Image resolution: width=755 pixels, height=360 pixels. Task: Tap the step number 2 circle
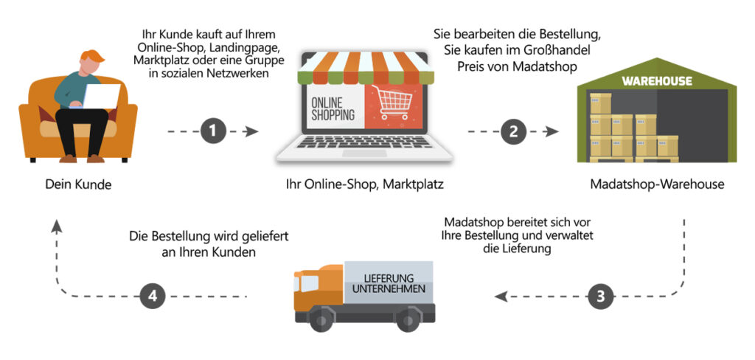513,131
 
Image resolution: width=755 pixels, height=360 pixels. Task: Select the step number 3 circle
601,297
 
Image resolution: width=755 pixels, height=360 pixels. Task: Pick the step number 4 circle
152,297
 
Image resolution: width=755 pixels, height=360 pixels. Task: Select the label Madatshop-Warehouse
658,184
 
